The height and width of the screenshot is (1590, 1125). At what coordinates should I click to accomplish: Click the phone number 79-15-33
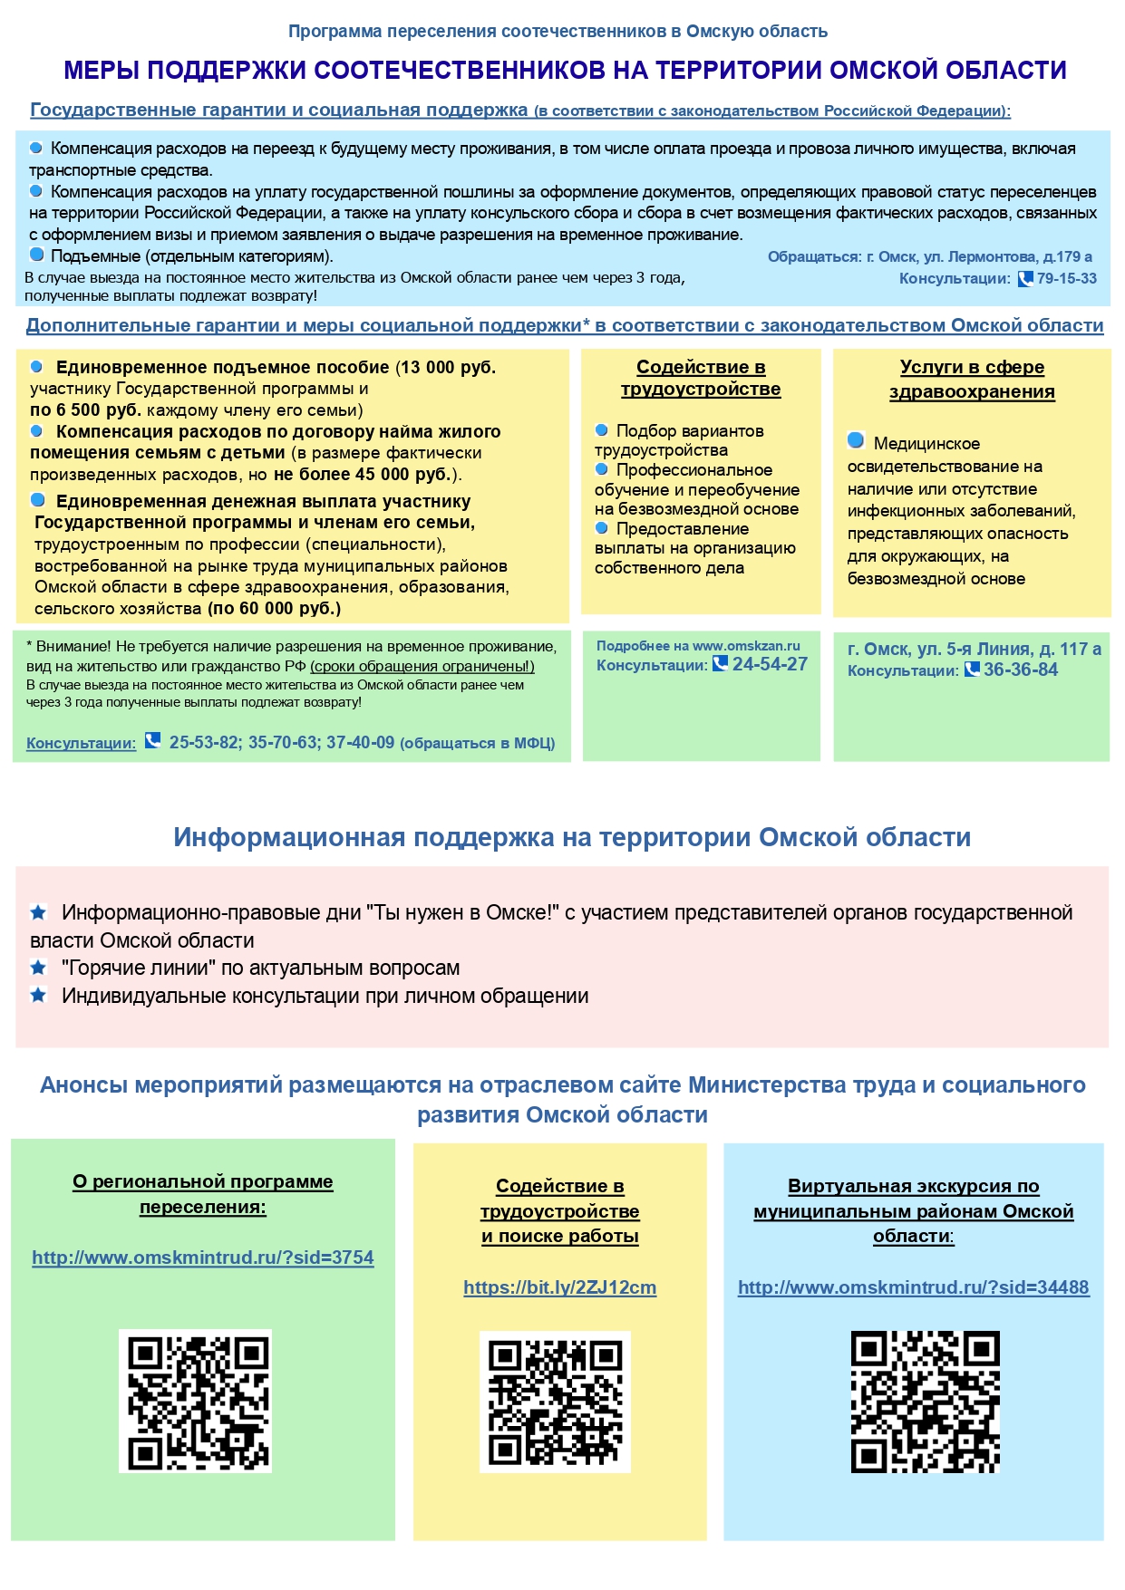(1066, 279)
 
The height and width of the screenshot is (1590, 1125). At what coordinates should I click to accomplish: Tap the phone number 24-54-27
(769, 664)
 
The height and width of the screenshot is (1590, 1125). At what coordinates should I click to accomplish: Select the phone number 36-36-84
(1021, 670)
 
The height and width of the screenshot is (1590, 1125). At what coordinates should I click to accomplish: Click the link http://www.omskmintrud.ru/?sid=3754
(203, 1258)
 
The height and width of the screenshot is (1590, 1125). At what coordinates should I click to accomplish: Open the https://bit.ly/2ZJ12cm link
(559, 1287)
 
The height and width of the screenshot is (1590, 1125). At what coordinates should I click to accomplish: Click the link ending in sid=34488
(913, 1287)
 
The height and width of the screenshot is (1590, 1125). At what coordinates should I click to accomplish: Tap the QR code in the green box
(195, 1401)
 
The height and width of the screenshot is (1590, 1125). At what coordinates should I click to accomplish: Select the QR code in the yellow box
(555, 1402)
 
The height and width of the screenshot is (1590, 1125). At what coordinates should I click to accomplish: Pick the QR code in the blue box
(925, 1402)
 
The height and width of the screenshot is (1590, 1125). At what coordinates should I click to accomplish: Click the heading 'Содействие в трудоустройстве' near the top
(701, 378)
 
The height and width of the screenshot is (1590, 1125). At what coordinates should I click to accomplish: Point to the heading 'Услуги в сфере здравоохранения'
(972, 379)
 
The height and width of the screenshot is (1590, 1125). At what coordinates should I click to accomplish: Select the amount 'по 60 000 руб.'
(274, 609)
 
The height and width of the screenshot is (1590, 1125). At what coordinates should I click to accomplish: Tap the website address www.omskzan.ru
(746, 646)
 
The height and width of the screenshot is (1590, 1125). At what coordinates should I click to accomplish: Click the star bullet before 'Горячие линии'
(38, 968)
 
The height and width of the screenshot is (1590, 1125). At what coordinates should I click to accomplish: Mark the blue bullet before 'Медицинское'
(856, 440)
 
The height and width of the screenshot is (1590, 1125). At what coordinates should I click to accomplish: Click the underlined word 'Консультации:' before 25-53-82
(81, 743)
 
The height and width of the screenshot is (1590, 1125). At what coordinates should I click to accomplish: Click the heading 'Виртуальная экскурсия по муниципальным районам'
(913, 1210)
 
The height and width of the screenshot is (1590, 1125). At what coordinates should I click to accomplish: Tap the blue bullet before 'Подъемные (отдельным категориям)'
(37, 255)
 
